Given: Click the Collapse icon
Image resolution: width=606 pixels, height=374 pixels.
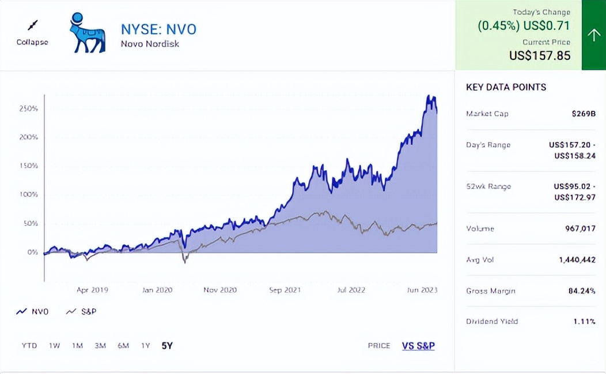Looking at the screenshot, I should pyautogui.click(x=32, y=25).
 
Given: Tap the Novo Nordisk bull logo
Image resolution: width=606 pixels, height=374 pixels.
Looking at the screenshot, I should pyautogui.click(x=87, y=33).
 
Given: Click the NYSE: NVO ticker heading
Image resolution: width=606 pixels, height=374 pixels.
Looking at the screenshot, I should pyautogui.click(x=158, y=29).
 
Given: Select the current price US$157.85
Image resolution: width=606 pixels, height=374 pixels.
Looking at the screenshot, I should pyautogui.click(x=540, y=55).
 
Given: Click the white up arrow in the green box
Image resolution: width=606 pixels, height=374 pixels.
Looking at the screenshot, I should pyautogui.click(x=593, y=35).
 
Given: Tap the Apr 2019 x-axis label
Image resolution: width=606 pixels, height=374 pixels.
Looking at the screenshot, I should pyautogui.click(x=92, y=290).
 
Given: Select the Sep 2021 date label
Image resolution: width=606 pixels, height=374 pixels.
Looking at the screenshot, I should pyautogui.click(x=285, y=290).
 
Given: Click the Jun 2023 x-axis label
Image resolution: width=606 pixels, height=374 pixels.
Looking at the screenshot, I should pyautogui.click(x=421, y=290).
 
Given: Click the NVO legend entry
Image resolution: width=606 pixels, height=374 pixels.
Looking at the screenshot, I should pyautogui.click(x=33, y=312).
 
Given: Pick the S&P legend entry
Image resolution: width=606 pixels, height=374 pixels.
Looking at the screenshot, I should pyautogui.click(x=81, y=312).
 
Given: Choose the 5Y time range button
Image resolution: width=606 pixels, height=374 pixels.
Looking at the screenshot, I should pyautogui.click(x=167, y=346).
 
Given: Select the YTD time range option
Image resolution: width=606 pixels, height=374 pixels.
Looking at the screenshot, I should pyautogui.click(x=29, y=346).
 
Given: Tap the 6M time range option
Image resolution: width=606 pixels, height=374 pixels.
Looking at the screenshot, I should pyautogui.click(x=123, y=346).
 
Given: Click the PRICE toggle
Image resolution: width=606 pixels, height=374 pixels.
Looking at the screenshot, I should pyautogui.click(x=379, y=346).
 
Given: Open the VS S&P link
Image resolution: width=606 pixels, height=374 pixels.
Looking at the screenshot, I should pyautogui.click(x=418, y=346).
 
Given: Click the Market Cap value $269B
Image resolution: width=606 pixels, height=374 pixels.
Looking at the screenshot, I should pyautogui.click(x=584, y=114).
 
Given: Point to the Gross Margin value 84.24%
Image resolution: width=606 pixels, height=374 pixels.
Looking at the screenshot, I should pyautogui.click(x=581, y=291).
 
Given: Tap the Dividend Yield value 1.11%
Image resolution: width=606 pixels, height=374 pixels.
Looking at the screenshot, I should pyautogui.click(x=584, y=321).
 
